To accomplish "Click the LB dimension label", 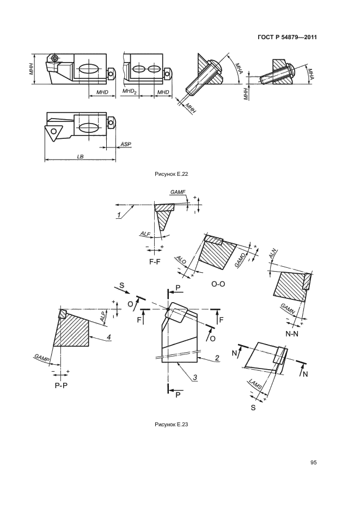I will pyautogui.click(x=80, y=156).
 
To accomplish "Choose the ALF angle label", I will pyautogui.click(x=145, y=234).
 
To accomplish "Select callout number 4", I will pyautogui.click(x=109, y=338).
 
